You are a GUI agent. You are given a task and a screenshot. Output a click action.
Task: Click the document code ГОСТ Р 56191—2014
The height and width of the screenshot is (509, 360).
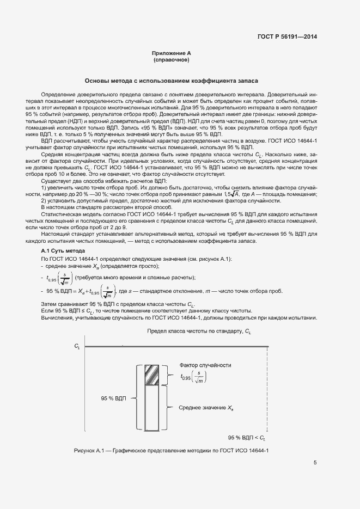[x=286, y=37]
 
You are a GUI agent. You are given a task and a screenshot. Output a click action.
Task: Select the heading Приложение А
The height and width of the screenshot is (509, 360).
[x=172, y=53]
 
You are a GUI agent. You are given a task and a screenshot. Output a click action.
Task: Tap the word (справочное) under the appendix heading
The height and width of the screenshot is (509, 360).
[x=172, y=60]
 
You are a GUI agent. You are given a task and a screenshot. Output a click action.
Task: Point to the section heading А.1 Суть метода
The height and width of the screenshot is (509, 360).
[x=60, y=250]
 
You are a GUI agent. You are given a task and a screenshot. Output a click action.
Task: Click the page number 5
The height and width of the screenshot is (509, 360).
[x=315, y=463]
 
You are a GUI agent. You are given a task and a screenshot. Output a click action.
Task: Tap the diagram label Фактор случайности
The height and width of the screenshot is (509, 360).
[x=205, y=365]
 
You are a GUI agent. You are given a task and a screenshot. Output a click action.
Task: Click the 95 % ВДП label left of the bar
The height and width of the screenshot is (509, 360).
[x=113, y=398]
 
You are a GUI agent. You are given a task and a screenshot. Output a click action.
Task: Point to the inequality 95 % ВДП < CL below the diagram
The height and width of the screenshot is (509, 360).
[x=246, y=438]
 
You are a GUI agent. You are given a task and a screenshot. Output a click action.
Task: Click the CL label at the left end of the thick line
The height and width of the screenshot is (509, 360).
[x=77, y=346]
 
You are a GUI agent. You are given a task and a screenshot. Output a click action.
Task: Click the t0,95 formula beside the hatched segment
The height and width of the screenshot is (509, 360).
[x=194, y=377]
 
